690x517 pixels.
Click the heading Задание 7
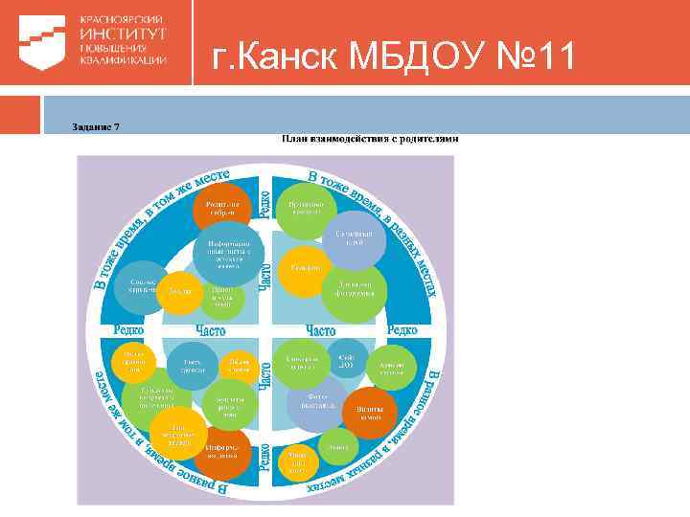point(95,128)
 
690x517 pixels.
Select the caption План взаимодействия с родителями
point(370,139)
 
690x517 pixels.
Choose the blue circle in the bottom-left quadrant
point(193,366)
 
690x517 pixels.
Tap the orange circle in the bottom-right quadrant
point(371,412)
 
